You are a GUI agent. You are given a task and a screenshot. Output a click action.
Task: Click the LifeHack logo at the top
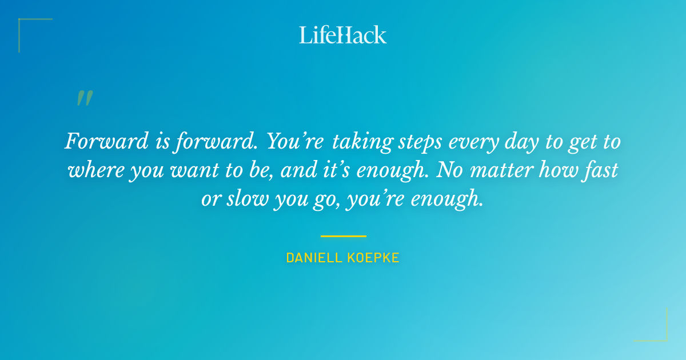point(343,35)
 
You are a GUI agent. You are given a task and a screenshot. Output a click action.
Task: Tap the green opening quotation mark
point(84,98)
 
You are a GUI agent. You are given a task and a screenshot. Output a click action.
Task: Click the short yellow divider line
point(343,235)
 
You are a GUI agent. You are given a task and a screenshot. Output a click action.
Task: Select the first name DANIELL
point(314,258)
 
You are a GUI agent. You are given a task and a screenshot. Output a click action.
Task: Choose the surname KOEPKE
point(373,258)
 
